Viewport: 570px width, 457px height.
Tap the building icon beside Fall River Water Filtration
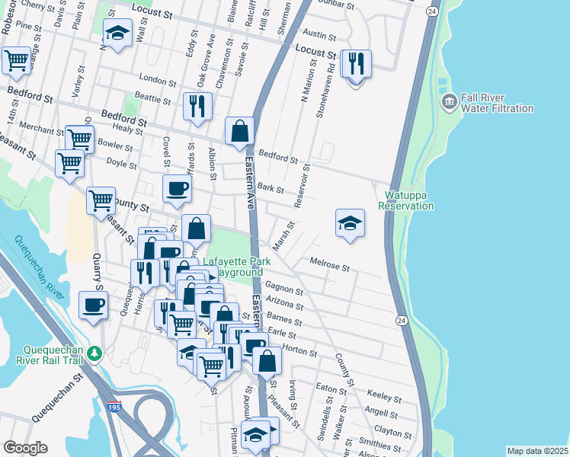(x=449, y=100)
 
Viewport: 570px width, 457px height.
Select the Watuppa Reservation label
(x=406, y=200)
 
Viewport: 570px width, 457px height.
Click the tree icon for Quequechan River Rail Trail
(x=94, y=353)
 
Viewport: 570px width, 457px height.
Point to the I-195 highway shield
(x=114, y=409)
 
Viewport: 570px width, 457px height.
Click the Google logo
(x=25, y=448)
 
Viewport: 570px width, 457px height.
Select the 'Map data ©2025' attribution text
(x=537, y=451)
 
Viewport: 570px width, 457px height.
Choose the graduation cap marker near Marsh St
(x=350, y=222)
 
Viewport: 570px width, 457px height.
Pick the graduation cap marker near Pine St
(x=117, y=34)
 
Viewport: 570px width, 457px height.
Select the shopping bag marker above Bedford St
(x=240, y=130)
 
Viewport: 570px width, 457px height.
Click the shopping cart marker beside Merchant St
(x=79, y=139)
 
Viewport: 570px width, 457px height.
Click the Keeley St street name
(x=383, y=398)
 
